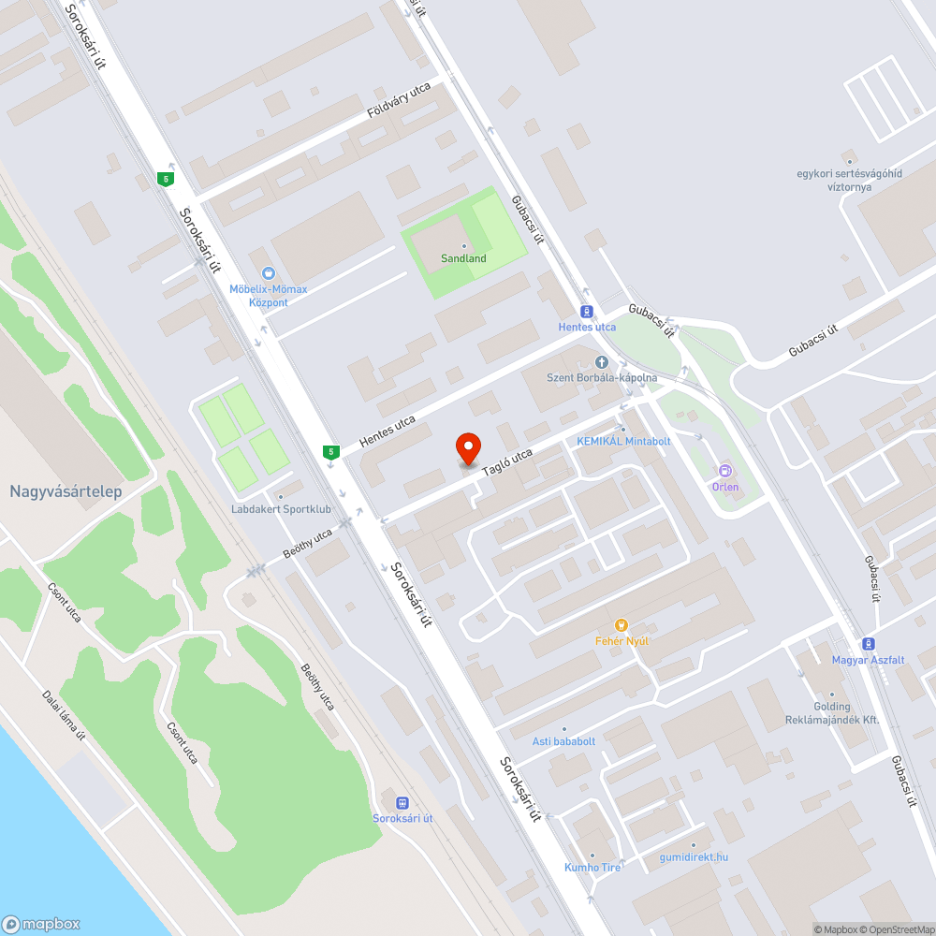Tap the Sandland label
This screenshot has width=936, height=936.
point(463,258)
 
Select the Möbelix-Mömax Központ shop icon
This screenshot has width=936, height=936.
point(269,273)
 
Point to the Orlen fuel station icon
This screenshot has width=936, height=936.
point(724,471)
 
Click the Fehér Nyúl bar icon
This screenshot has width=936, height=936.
point(620,624)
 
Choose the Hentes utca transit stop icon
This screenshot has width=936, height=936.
point(587,311)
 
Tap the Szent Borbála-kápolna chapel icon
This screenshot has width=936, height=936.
point(602,362)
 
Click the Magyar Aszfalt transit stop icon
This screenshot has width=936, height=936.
point(869,643)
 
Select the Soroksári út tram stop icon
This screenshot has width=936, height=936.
point(402,802)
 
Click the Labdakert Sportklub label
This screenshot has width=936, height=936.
point(282,509)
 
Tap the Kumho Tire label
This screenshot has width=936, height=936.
point(592,868)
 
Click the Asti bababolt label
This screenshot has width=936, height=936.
point(564,741)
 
